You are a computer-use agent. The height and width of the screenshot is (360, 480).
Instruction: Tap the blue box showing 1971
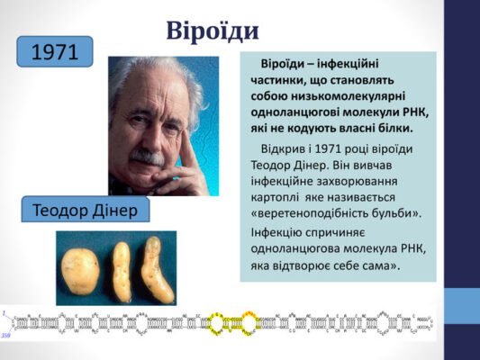point(54,52)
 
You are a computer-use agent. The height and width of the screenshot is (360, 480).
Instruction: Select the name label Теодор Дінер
point(86,210)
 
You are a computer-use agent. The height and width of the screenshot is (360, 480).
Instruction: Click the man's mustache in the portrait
point(147,157)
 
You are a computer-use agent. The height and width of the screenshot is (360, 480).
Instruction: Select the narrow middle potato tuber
point(121,270)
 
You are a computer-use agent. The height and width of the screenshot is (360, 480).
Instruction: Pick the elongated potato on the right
point(155,269)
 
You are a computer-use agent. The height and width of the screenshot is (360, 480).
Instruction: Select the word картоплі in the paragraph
point(279,197)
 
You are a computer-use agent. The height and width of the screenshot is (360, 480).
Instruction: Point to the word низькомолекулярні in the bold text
point(361,96)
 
